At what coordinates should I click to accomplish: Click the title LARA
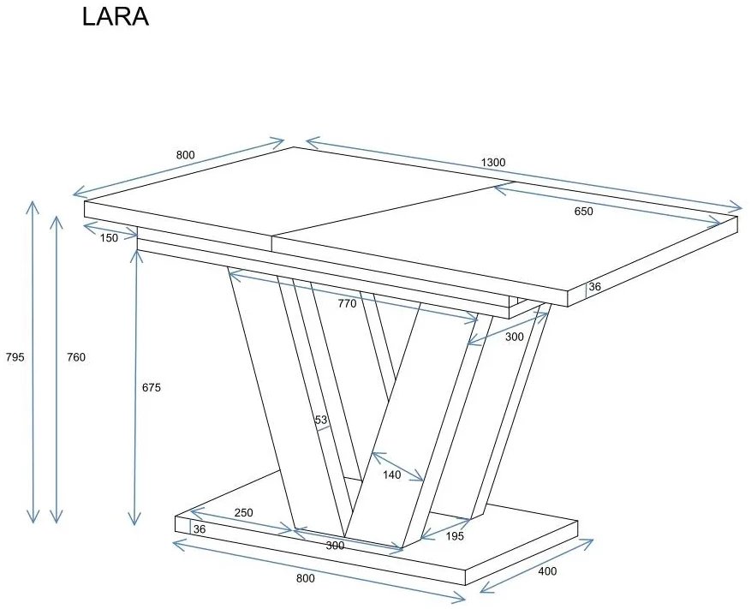point(116,18)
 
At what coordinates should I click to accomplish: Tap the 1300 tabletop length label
point(493,163)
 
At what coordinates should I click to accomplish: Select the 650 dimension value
point(583,212)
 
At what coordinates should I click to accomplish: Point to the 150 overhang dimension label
point(109,238)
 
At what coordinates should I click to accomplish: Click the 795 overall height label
point(15,357)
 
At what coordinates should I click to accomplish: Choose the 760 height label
point(76,357)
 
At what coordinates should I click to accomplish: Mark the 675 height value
point(151,387)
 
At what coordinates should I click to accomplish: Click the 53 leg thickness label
point(321,420)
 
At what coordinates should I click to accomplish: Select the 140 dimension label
point(391,474)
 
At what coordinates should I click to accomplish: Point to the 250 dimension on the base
point(244,512)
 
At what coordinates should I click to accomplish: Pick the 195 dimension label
point(454,536)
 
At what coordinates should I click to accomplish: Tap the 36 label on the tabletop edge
point(594,286)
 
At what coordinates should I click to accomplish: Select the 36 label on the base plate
point(200,529)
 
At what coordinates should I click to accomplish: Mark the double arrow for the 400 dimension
point(536,565)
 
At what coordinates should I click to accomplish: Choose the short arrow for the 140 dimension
point(396,467)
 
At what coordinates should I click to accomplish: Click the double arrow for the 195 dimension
point(445,528)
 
